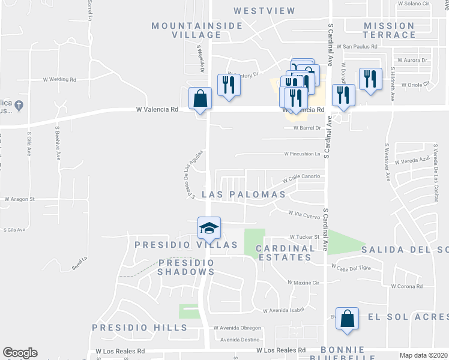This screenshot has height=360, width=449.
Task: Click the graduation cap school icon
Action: [x=209, y=227]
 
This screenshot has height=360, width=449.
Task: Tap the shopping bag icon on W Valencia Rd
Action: [x=200, y=99]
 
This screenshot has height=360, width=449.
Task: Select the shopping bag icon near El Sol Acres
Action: [x=347, y=319]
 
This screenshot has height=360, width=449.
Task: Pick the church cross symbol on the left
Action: [x=19, y=106]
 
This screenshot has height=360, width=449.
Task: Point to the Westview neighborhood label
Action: [x=265, y=11]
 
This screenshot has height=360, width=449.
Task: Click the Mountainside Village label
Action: [x=187, y=30]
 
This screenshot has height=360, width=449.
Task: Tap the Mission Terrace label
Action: [x=389, y=30]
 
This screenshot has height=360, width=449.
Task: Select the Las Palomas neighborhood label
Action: [x=244, y=194]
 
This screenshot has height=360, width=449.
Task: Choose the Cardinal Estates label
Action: [x=286, y=253]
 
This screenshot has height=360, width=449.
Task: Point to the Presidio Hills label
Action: [x=140, y=328]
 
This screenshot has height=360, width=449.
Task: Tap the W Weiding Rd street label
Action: [x=59, y=79]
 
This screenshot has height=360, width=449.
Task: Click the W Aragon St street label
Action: [x=20, y=199]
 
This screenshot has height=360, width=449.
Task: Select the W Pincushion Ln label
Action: [x=302, y=154]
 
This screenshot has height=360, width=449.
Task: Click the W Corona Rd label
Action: [x=406, y=287]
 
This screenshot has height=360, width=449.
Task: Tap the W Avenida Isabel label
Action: [x=284, y=310]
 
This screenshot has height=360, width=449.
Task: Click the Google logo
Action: [x=20, y=353]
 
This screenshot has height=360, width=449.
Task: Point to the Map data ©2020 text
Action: [x=424, y=355]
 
